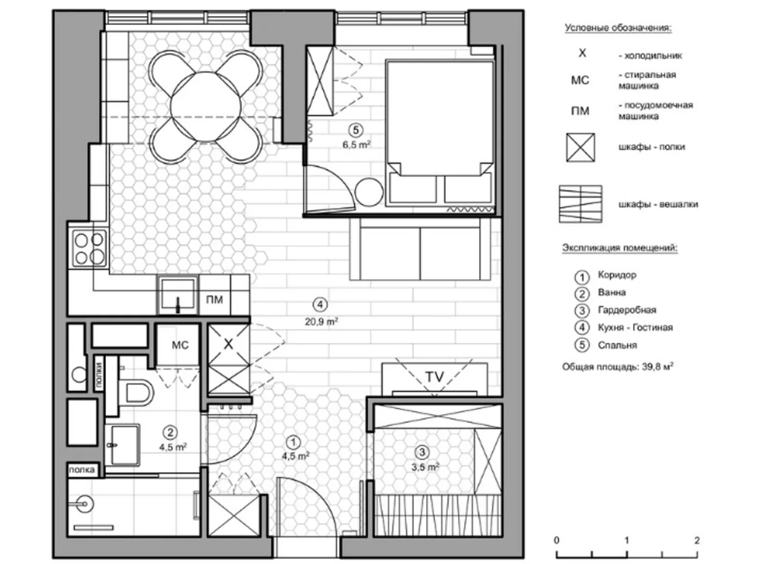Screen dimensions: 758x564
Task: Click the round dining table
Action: (x=206, y=106)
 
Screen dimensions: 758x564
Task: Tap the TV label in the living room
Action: (x=434, y=377)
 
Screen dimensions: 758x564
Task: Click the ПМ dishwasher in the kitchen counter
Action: (x=215, y=299)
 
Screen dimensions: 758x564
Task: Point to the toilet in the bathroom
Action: (x=136, y=390)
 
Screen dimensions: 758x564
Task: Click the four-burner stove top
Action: (x=89, y=249)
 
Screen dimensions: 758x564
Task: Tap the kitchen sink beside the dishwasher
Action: (x=177, y=295)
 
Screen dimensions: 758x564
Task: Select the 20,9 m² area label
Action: (x=321, y=321)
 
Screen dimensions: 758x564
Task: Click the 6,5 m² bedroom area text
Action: (x=357, y=144)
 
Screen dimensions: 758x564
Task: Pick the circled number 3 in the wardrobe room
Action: (x=422, y=452)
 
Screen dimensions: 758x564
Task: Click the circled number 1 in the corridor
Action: (x=293, y=442)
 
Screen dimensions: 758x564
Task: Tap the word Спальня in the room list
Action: (x=617, y=346)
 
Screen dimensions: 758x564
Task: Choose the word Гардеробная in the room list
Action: (x=627, y=310)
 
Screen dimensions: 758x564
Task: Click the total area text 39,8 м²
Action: (x=657, y=366)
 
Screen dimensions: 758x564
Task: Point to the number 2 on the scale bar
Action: (x=697, y=540)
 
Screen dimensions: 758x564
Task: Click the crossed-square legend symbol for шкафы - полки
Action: (x=581, y=147)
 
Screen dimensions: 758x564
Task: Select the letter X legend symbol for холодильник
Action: (x=582, y=53)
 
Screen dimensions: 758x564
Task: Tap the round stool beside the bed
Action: (x=369, y=193)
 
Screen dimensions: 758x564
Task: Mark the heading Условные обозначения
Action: (x=619, y=28)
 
